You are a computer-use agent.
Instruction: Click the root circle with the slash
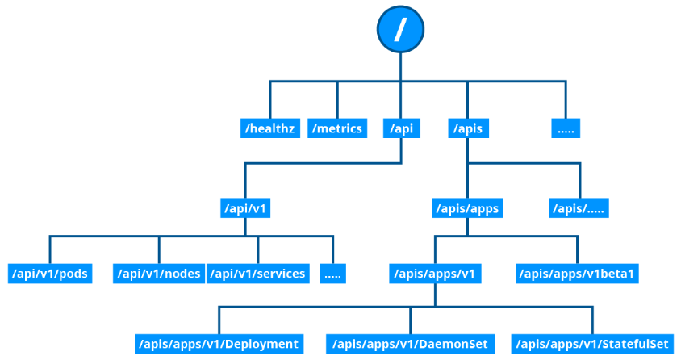[400, 30]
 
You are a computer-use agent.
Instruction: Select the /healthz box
[270, 128]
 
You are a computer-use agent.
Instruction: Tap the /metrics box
[338, 128]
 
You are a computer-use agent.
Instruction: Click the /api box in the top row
[401, 128]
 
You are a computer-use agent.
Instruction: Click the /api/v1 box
[245, 209]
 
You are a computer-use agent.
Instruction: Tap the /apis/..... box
[579, 209]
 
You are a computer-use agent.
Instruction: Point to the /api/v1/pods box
[49, 274]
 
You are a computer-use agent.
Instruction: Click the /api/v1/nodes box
[158, 274]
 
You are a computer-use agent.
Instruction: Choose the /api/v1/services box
[258, 274]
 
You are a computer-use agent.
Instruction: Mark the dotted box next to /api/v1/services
[332, 274]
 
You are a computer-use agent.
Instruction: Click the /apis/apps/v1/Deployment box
[218, 344]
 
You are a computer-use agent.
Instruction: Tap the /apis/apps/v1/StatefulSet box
[592, 344]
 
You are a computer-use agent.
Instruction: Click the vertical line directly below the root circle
[400, 66]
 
